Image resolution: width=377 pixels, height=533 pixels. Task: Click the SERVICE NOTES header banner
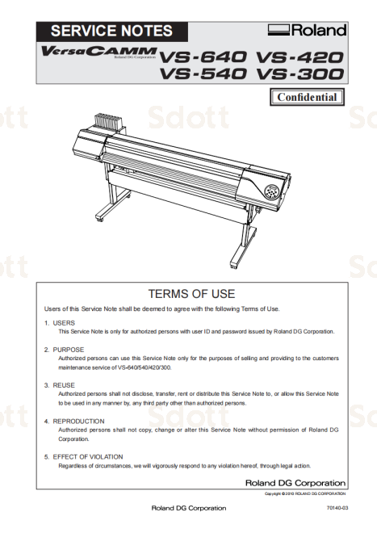click(x=111, y=31)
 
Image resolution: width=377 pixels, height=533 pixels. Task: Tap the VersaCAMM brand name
click(x=98, y=52)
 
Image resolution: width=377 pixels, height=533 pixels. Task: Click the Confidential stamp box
click(x=306, y=98)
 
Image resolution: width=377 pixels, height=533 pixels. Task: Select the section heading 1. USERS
click(x=59, y=322)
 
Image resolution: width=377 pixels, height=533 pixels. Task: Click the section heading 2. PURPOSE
click(x=64, y=350)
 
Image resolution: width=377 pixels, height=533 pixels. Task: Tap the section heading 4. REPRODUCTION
click(x=74, y=421)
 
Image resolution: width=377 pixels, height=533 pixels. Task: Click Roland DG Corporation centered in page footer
click(x=189, y=508)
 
